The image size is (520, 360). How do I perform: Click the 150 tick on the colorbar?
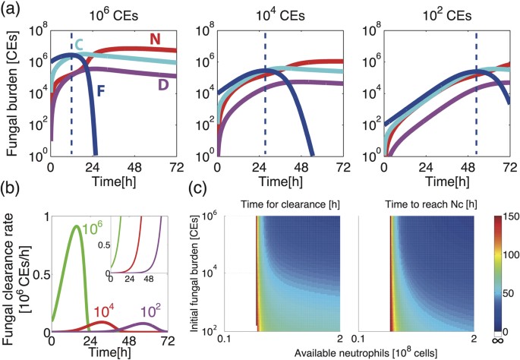[507, 216]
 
